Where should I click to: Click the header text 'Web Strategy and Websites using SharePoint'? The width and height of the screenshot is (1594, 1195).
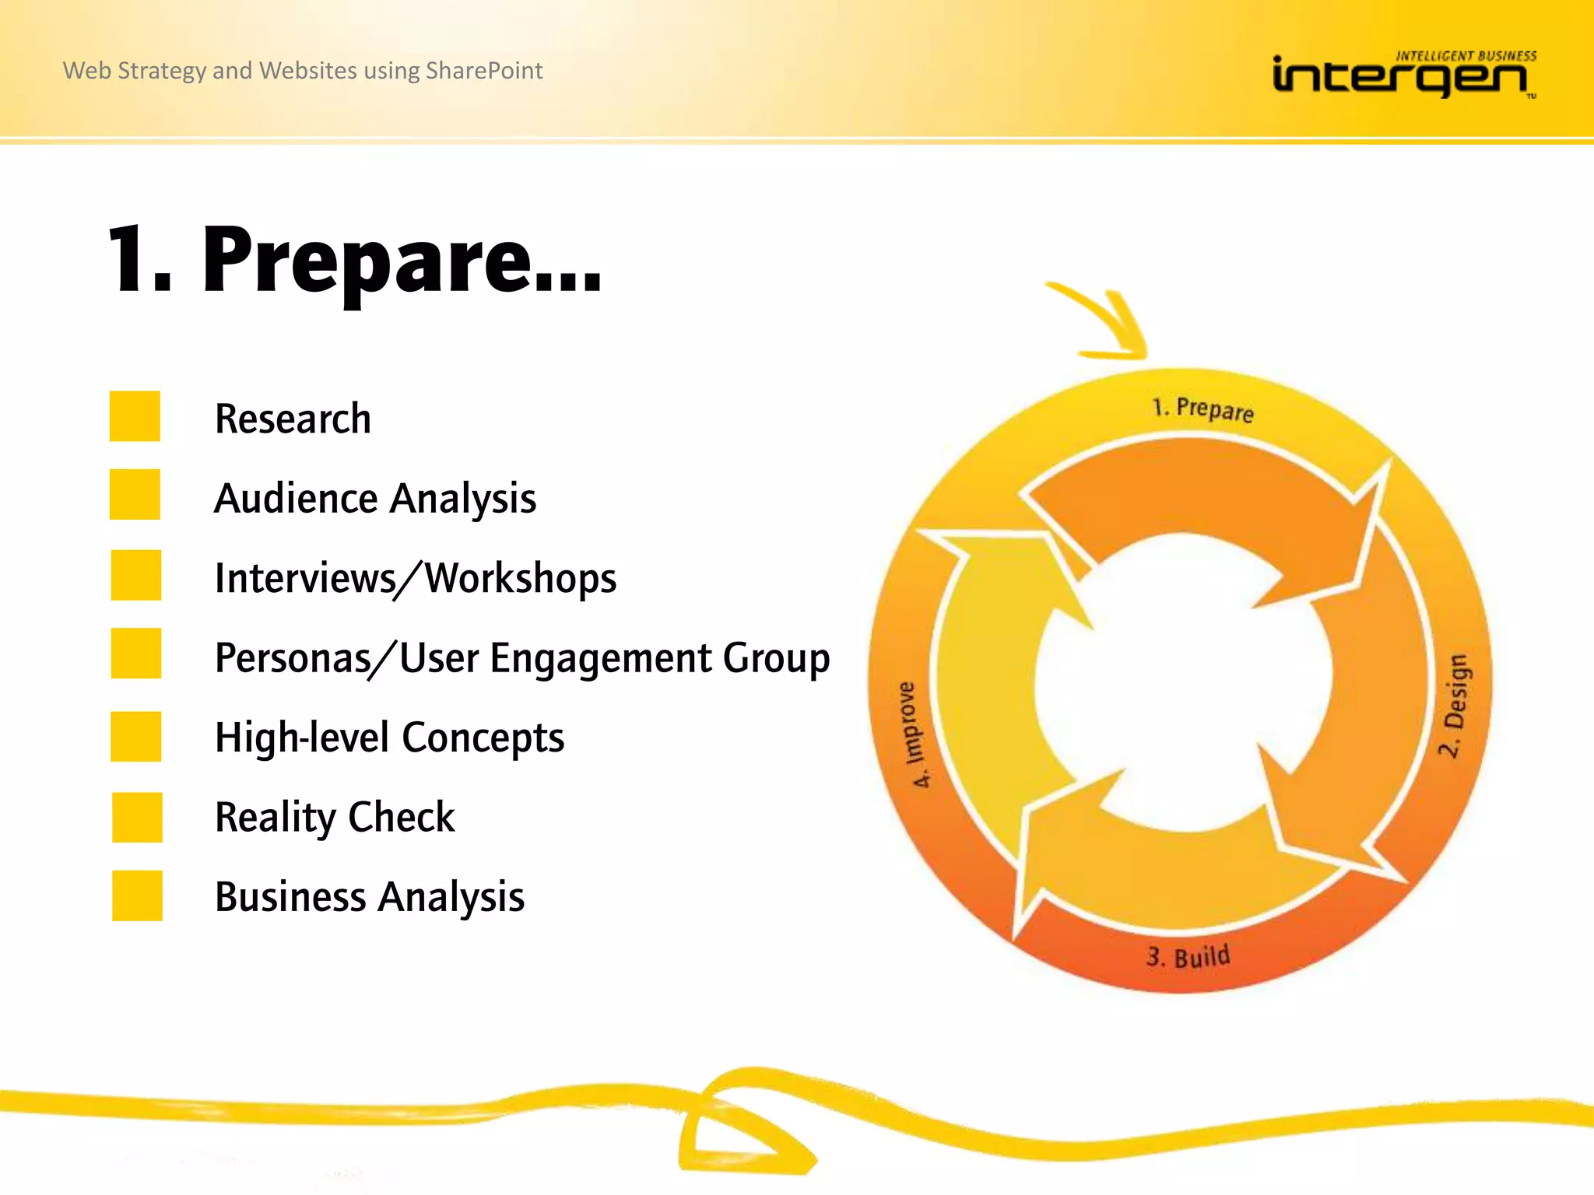coord(303,71)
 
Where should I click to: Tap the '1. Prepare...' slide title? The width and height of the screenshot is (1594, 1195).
coord(355,261)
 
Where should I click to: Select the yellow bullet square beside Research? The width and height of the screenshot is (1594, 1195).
coord(135,416)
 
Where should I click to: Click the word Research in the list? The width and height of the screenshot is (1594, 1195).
coord(293,419)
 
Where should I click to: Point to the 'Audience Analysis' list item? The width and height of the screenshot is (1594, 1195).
coord(375,499)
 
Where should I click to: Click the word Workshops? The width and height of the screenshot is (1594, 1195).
coord(521,579)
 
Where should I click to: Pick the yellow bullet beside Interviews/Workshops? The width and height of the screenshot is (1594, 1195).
coord(135,575)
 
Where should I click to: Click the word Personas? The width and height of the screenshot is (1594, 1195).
coord(293,658)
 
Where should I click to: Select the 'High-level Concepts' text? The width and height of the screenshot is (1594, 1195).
coord(389,738)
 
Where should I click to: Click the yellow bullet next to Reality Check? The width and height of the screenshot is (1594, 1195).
coord(137,817)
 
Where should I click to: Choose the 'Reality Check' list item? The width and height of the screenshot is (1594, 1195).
coord(335,818)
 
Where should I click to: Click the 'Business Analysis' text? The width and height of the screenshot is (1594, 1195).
coord(370,897)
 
